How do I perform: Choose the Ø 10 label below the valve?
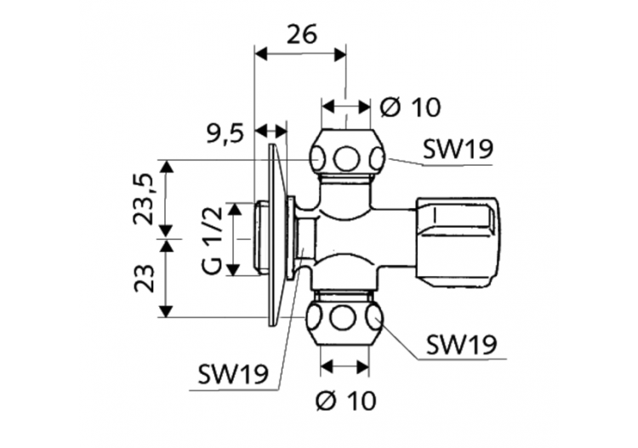pos(346,399)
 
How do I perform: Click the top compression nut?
pos(346,157)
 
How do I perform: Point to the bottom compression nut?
pos(345,319)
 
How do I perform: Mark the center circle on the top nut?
pos(346,158)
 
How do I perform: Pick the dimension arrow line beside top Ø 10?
pos(346,108)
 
